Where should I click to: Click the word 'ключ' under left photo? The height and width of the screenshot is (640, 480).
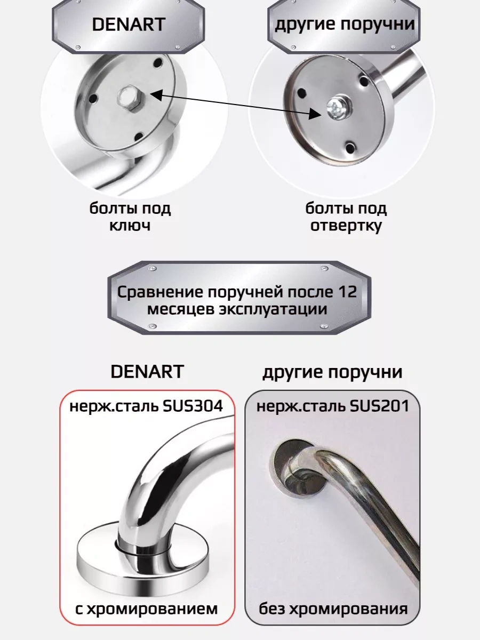(x=130, y=225)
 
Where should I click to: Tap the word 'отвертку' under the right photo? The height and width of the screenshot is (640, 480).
(x=346, y=225)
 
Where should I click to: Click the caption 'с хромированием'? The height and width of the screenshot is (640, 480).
(x=146, y=609)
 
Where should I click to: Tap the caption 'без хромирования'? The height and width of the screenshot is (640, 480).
(x=333, y=609)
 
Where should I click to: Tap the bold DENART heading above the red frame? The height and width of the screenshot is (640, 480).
(x=147, y=372)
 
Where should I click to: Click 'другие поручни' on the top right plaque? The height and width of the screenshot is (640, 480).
(x=344, y=25)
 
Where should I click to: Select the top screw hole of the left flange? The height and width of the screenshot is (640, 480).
(x=157, y=63)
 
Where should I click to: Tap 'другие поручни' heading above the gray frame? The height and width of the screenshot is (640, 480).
(x=332, y=372)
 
